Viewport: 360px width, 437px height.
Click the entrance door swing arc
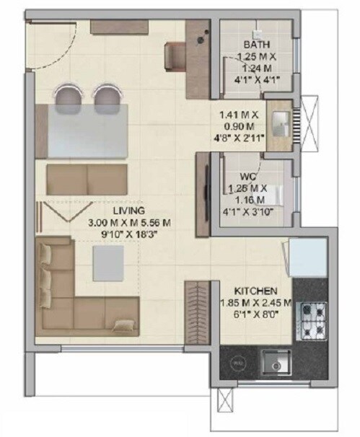[52, 43]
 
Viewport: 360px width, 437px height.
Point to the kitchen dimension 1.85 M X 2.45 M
[256, 303]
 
